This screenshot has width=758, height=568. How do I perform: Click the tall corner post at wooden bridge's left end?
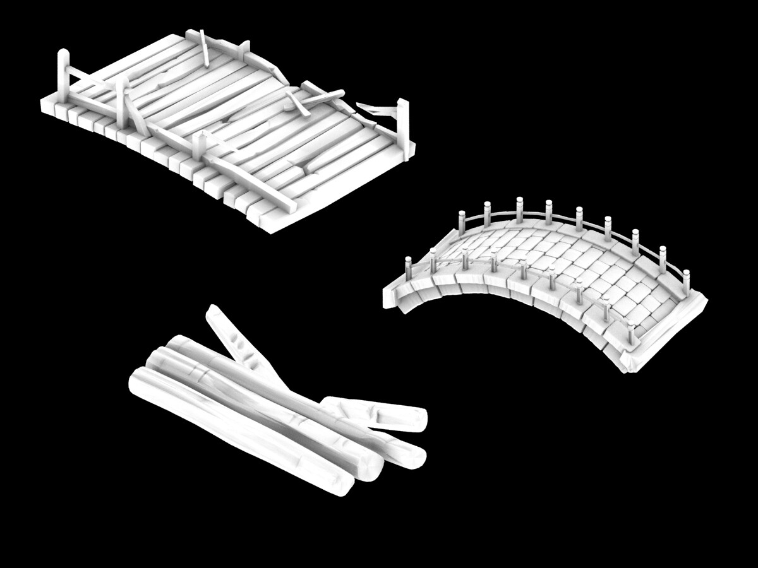coord(63,74)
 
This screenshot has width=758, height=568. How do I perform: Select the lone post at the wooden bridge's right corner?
coord(402,120)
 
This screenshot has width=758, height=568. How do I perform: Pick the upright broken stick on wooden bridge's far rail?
coord(204,47)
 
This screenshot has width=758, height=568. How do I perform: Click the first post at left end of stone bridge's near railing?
coord(408,268)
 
